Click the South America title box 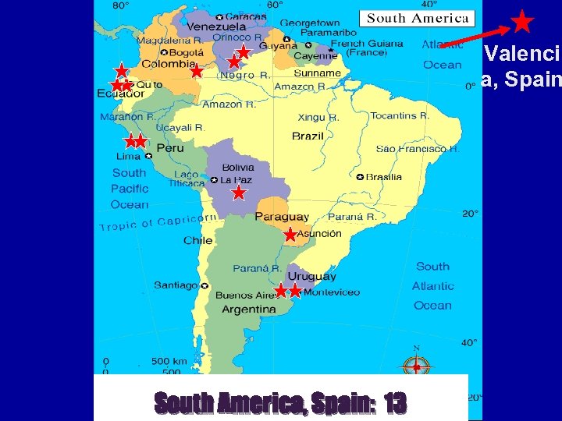pos(418,18)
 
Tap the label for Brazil pos(308,136)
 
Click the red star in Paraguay pos(290,234)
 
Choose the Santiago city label pos(176,285)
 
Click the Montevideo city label pos(331,292)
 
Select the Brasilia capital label pos(383,177)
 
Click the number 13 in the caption pos(395,403)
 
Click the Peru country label pos(170,147)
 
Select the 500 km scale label pos(171,362)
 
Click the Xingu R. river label pos(318,117)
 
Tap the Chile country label pos(197,240)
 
